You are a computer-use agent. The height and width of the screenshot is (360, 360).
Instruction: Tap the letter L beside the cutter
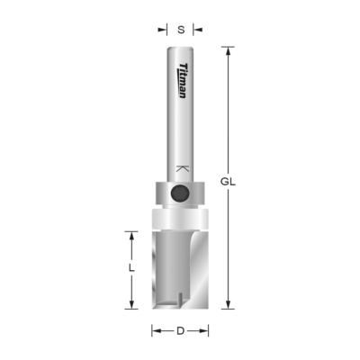[131, 267]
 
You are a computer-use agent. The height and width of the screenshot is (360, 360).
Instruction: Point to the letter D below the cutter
[180, 331]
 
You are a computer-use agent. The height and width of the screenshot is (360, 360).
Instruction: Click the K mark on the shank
[183, 168]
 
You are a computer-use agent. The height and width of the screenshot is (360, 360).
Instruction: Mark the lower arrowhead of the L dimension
[131, 303]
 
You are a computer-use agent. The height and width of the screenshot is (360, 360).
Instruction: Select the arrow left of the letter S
[165, 29]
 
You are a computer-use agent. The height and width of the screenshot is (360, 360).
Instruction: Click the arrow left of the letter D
[156, 331]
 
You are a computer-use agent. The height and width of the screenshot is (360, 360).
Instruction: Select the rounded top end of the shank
[180, 48]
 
